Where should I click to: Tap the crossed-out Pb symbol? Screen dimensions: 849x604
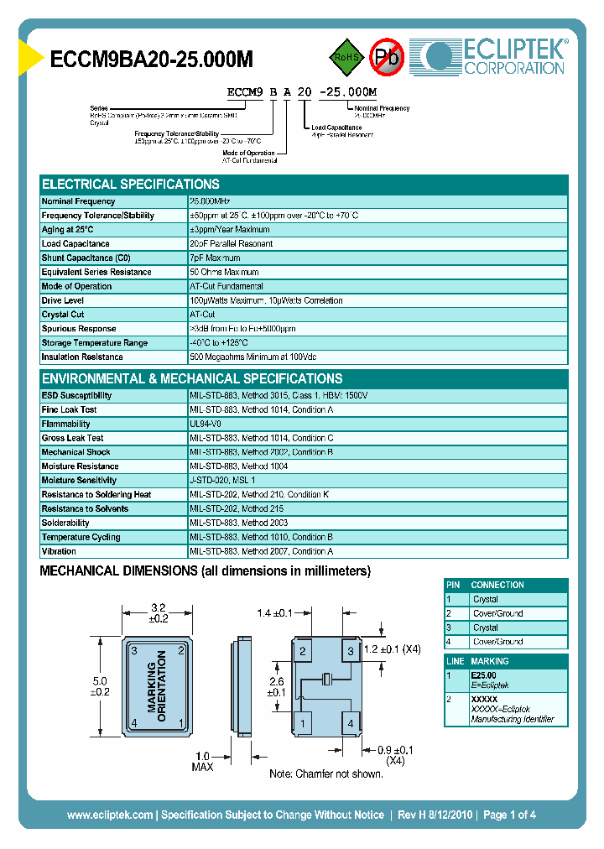click(x=387, y=57)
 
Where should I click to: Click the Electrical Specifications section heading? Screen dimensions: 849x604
click(x=131, y=185)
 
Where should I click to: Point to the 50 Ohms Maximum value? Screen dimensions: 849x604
click(x=224, y=272)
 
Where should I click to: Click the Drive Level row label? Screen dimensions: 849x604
click(x=62, y=300)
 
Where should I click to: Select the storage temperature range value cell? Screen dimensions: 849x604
click(x=219, y=343)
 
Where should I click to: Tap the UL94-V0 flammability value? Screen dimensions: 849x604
click(x=206, y=424)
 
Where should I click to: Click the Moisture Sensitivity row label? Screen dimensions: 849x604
click(x=81, y=481)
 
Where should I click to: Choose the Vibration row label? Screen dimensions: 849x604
click(x=59, y=551)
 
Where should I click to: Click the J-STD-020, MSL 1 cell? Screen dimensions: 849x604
click(x=222, y=481)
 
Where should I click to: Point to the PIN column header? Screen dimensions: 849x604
click(x=454, y=585)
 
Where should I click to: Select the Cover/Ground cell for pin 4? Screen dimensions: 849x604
click(x=497, y=642)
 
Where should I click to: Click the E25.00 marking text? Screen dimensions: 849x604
click(x=483, y=675)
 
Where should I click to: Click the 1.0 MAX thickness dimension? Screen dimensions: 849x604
click(x=202, y=761)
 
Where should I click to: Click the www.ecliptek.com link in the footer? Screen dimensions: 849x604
click(x=110, y=815)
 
